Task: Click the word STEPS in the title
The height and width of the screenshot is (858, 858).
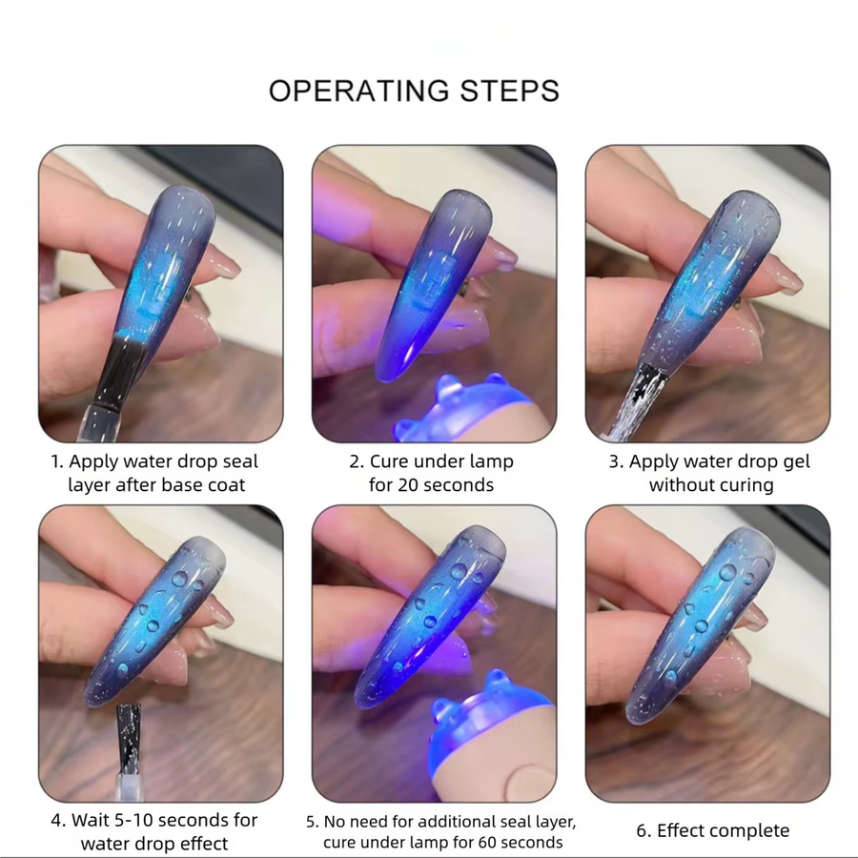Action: point(509,91)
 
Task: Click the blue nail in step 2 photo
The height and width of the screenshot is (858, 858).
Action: point(432,283)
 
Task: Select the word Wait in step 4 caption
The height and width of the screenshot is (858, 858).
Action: point(91,820)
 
